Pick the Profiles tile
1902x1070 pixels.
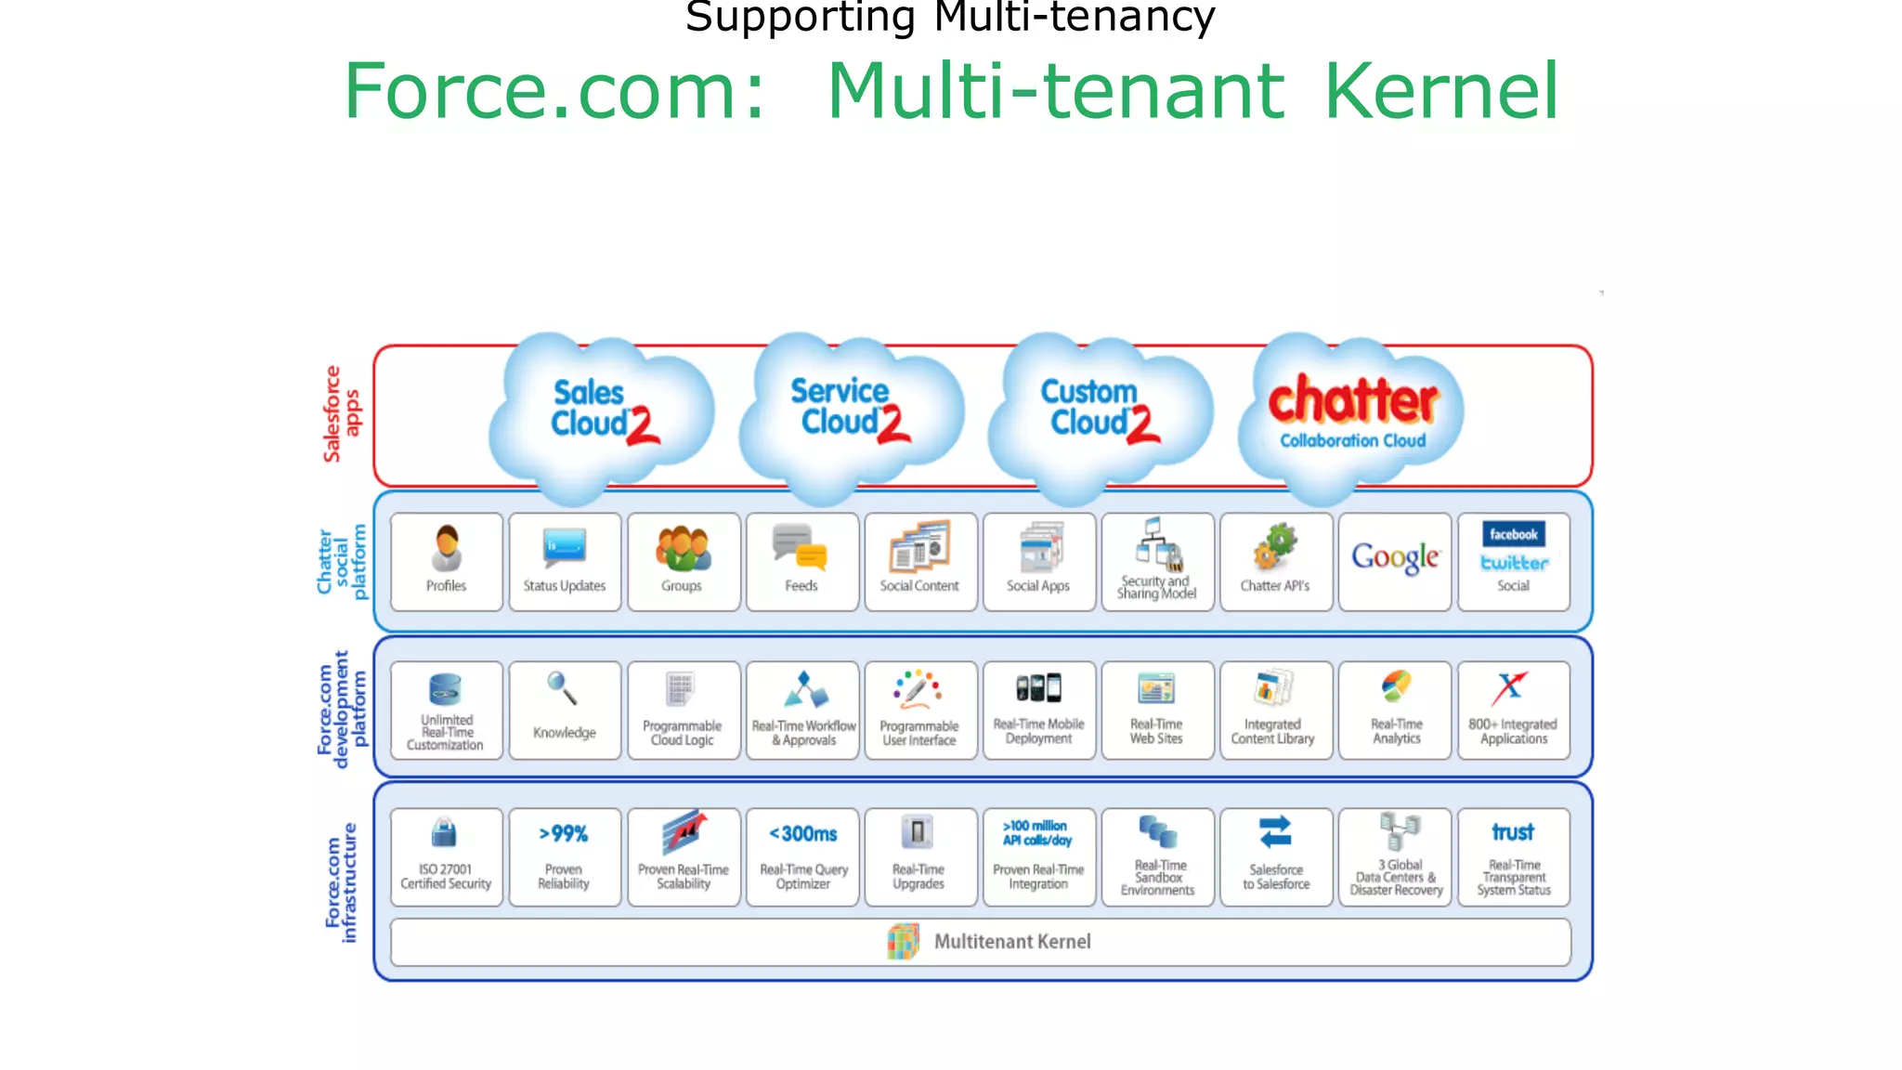click(446, 561)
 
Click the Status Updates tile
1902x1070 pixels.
click(565, 561)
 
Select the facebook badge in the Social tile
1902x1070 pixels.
click(1513, 534)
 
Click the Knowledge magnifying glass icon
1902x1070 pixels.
click(562, 688)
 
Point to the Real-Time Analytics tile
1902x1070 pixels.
click(1395, 710)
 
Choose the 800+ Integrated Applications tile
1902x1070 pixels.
click(1513, 710)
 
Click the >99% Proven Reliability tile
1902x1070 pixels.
click(565, 856)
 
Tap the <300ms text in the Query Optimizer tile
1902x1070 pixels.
click(803, 834)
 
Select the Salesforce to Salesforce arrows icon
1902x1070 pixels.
click(1275, 832)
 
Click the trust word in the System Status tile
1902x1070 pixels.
click(1513, 832)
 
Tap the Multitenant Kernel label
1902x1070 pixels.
click(1012, 942)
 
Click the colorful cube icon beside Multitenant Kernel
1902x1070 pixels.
click(903, 941)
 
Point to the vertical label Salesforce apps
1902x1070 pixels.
click(341, 414)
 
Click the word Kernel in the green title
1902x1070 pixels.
click(1440, 91)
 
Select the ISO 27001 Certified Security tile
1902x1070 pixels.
click(446, 856)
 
